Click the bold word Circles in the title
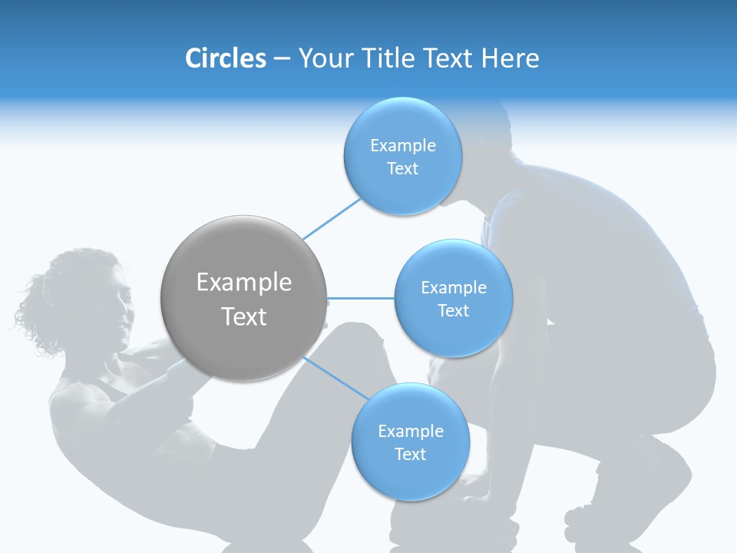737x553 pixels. [225, 58]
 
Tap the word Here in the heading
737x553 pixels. [511, 58]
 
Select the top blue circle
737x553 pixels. [402, 192]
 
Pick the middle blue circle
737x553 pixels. [453, 338]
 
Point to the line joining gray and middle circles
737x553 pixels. [361, 298]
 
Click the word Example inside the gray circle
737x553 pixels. [244, 283]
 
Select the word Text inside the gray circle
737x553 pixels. [244, 316]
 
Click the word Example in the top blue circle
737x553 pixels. [403, 146]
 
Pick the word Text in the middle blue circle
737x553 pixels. [453, 311]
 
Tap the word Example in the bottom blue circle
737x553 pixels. [411, 432]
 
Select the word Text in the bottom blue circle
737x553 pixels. [410, 455]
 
